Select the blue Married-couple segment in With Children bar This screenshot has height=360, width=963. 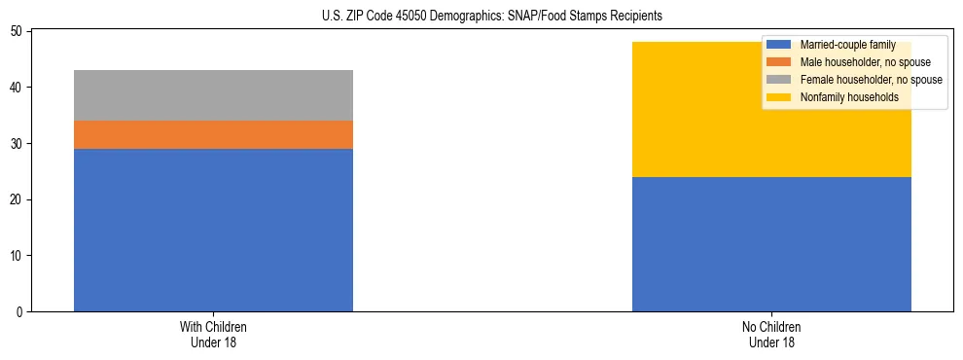(213, 230)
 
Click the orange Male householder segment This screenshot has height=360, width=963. (213, 134)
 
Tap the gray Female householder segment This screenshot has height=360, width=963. (213, 95)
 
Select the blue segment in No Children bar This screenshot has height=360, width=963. (771, 244)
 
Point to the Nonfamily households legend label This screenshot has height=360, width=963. (849, 97)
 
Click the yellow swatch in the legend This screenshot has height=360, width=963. (779, 97)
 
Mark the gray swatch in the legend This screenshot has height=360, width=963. (779, 80)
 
